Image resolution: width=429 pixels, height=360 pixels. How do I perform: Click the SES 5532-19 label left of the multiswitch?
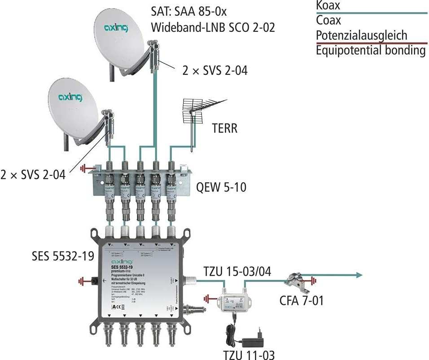(63, 256)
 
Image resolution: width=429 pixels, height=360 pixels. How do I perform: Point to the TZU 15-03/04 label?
(240, 272)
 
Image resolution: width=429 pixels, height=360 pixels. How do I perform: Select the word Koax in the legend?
(328, 5)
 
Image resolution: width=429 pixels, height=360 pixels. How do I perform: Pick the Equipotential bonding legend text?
(371, 50)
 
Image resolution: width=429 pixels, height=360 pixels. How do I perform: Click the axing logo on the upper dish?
(116, 29)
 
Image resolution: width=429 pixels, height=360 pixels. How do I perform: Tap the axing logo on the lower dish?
(70, 96)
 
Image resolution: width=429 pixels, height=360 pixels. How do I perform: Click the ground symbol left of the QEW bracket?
(84, 169)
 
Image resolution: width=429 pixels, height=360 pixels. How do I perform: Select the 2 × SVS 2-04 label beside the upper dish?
(214, 70)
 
